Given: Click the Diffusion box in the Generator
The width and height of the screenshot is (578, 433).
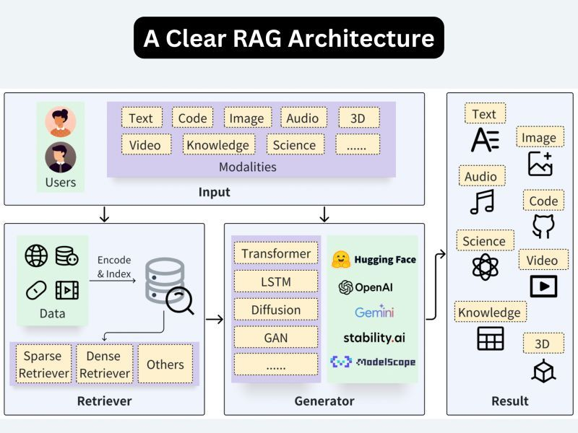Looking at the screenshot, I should point(276,310).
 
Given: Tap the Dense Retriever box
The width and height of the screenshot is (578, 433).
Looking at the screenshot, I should point(108,364).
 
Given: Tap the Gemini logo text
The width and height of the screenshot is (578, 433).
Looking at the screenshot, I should point(374,312).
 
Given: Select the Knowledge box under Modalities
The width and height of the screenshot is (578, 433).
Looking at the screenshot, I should point(217,144).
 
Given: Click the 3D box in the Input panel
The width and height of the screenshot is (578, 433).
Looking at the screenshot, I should point(358,118).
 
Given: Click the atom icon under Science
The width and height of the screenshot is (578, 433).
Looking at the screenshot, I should point(485,267).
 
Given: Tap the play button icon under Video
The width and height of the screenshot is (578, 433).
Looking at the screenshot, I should point(543,286).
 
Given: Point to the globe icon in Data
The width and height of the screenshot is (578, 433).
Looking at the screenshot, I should point(36,255).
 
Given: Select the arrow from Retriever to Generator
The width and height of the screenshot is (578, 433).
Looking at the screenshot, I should point(214,318).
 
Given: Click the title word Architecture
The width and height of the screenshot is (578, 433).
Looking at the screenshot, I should point(362,38).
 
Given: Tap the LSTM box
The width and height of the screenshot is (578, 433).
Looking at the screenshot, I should point(276,281).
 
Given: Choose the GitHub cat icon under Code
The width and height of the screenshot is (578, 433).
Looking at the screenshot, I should point(543,226).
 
